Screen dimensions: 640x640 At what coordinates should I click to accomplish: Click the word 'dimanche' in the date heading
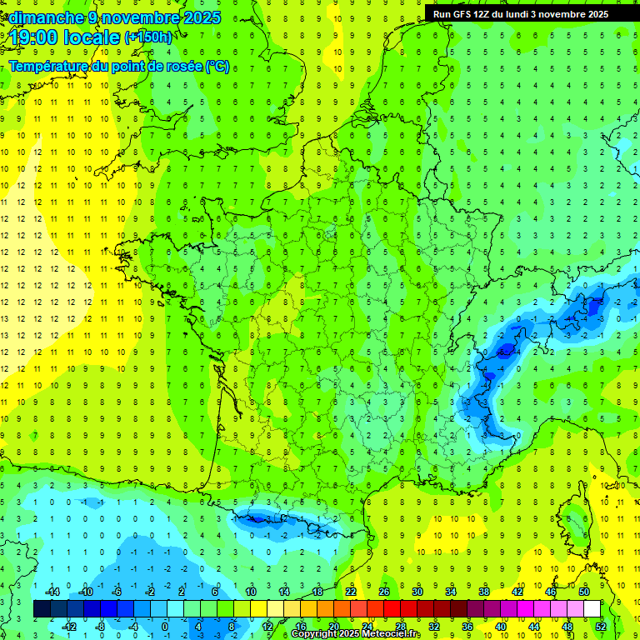(42, 17)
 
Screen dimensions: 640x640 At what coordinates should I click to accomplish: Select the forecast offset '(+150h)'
(147, 37)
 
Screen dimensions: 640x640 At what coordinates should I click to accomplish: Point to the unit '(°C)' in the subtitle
(217, 66)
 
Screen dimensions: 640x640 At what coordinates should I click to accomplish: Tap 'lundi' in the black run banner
(514, 14)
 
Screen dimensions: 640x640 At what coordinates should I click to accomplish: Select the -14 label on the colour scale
(51, 592)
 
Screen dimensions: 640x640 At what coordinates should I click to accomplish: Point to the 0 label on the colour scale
(164, 626)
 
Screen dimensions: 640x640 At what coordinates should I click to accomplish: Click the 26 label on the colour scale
(384, 592)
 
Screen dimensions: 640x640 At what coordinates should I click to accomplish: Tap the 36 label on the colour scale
(467, 626)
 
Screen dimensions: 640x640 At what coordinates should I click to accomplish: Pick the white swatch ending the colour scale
(592, 609)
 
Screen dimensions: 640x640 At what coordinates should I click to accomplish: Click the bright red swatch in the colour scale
(392, 609)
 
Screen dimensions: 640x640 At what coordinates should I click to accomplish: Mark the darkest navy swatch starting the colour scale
(42, 609)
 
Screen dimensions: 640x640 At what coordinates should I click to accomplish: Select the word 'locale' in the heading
(91, 37)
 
